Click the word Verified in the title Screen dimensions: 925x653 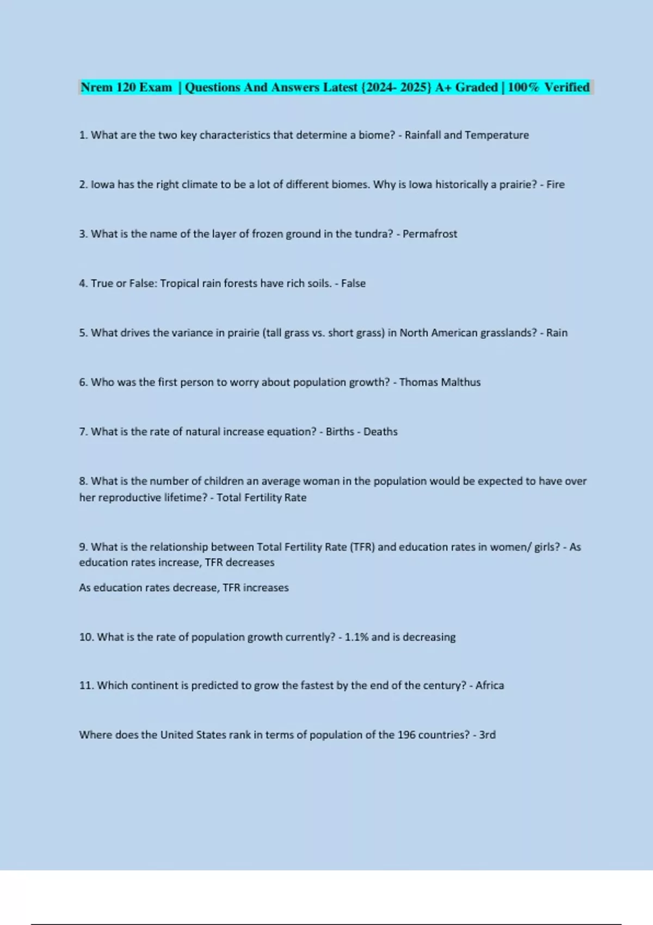[566, 87]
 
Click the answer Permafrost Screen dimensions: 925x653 [430, 234]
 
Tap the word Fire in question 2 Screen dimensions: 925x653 [556, 184]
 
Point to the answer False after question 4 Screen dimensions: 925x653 [353, 283]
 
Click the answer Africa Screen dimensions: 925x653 [490, 686]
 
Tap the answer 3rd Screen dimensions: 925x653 [487, 735]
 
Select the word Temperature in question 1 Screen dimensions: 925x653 [497, 135]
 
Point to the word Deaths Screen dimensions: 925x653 [380, 431]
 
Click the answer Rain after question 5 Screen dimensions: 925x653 [557, 333]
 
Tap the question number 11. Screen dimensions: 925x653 [86, 686]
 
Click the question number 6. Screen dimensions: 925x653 [83, 382]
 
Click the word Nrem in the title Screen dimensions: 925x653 [96, 87]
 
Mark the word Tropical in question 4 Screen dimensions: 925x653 [180, 283]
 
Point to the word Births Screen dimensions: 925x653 [340, 431]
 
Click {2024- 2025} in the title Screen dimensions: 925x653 [396, 87]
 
